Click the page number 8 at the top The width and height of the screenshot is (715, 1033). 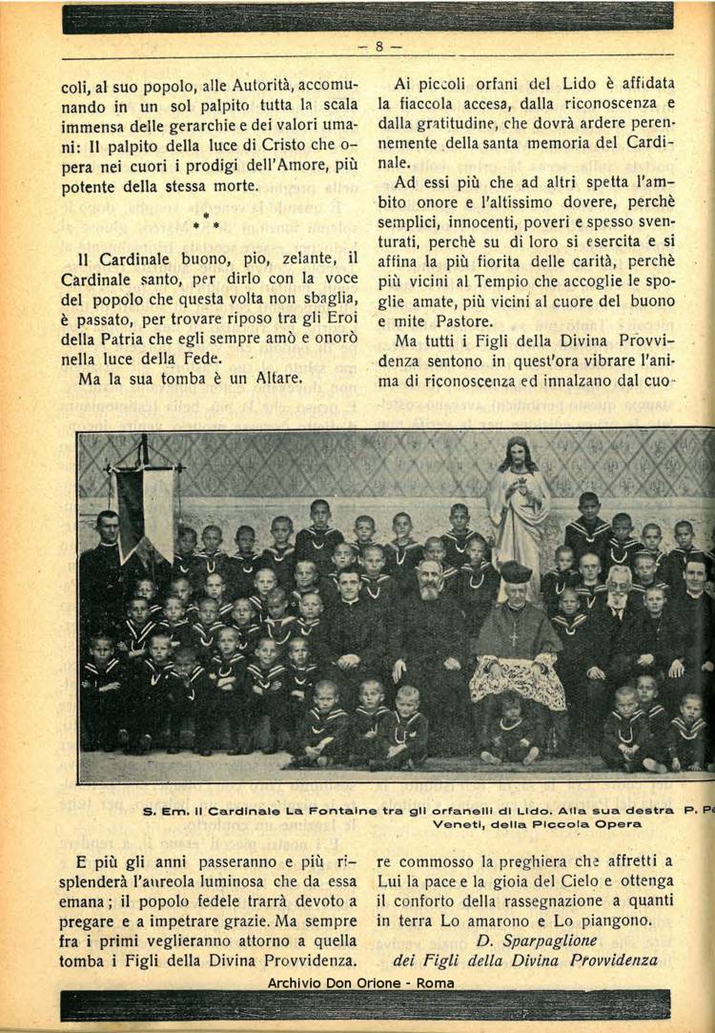(x=378, y=45)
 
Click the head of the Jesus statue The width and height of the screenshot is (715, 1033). (x=519, y=453)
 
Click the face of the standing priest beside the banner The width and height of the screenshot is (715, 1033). (x=107, y=526)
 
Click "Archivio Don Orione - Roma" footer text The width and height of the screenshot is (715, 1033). (x=360, y=982)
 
